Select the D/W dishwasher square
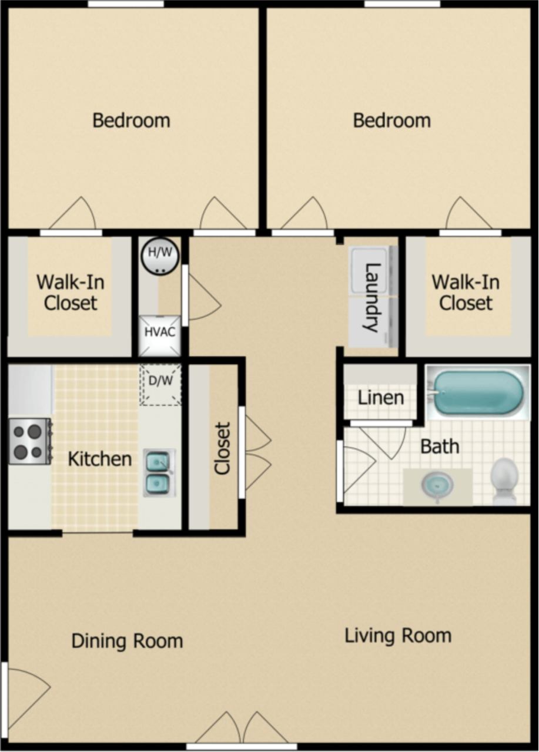pyautogui.click(x=160, y=385)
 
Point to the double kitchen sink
pyautogui.click(x=159, y=473)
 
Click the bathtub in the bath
pyautogui.click(x=476, y=391)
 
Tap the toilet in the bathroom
pyautogui.click(x=504, y=481)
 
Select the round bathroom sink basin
pyautogui.click(x=437, y=485)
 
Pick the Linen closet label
pyautogui.click(x=380, y=398)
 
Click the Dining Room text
pyautogui.click(x=127, y=641)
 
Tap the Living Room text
pyautogui.click(x=398, y=636)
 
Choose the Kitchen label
pyautogui.click(x=100, y=459)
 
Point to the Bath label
pyautogui.click(x=440, y=446)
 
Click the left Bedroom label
pyautogui.click(x=131, y=121)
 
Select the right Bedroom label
pyautogui.click(x=391, y=121)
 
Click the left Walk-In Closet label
pyautogui.click(x=71, y=292)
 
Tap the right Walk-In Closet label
pyautogui.click(x=466, y=292)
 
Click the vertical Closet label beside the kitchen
pyautogui.click(x=222, y=448)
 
